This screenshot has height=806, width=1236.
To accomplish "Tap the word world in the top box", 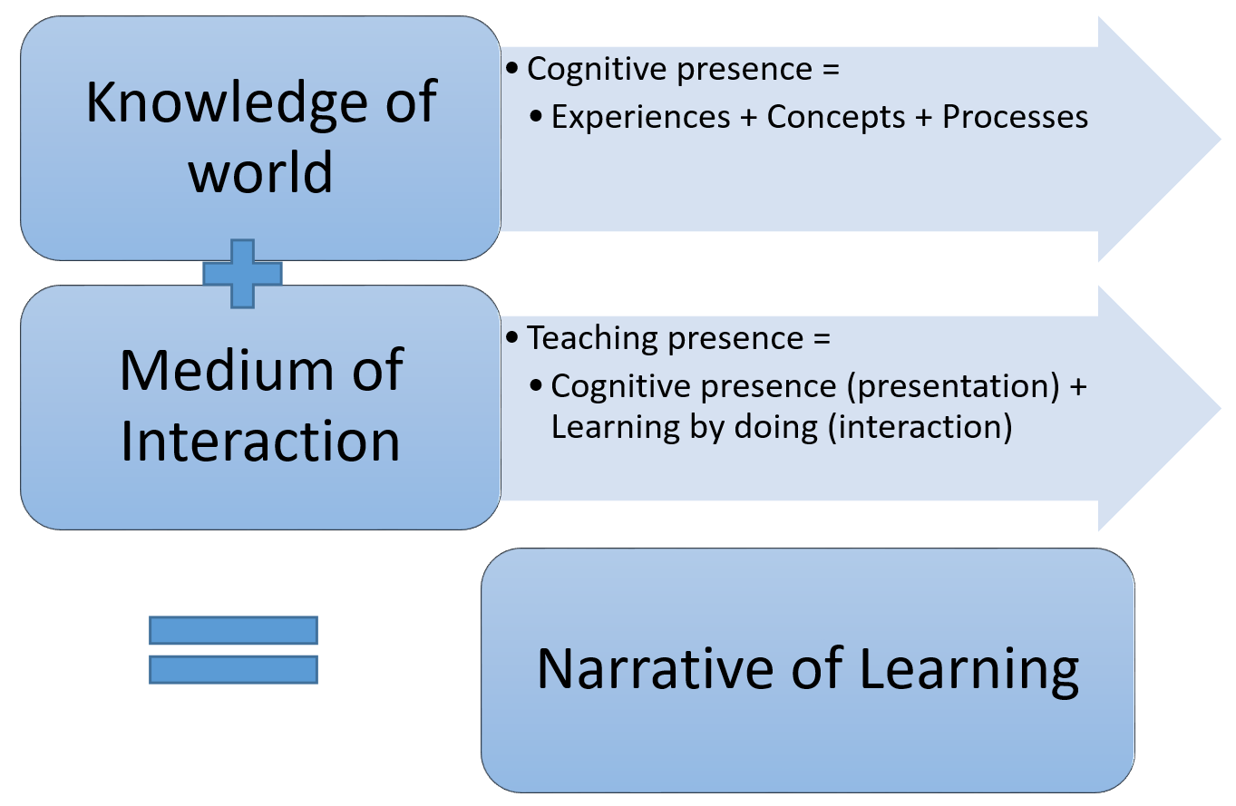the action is click(260, 172).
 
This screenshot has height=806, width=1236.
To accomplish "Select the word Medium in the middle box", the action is click(227, 370).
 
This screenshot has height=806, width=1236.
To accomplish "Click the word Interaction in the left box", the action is click(260, 441).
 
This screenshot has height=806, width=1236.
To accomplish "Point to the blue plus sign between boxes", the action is click(243, 274).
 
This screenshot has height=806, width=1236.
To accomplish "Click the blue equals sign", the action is click(233, 650).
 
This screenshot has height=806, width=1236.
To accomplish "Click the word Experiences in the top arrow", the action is click(641, 118).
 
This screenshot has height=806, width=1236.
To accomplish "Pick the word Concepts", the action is click(836, 118).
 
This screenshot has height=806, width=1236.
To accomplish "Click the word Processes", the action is click(1016, 117).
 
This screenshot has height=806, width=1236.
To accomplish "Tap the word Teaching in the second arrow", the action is click(593, 338).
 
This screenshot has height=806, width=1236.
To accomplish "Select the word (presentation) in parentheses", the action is click(953, 386).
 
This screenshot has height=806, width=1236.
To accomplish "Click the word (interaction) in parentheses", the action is click(920, 428).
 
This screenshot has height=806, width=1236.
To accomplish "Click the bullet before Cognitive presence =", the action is click(512, 69).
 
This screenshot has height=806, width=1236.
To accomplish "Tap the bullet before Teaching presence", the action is click(512, 337).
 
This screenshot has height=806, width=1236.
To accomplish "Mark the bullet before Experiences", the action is click(536, 116).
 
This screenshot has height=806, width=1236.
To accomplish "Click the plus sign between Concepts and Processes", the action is click(924, 118).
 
